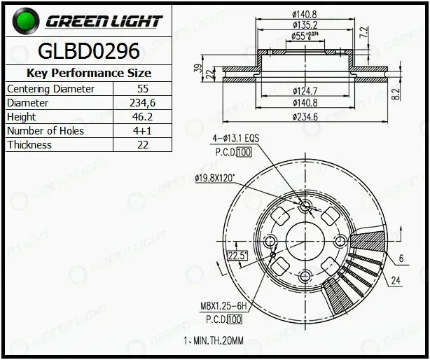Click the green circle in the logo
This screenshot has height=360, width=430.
coord(26,21)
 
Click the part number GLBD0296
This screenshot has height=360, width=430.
coord(88,51)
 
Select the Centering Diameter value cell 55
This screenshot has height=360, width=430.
coord(143,89)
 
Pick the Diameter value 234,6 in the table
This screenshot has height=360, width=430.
coord(143,103)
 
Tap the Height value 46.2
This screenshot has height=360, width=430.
coord(143,117)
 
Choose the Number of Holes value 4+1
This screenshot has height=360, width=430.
coord(143,131)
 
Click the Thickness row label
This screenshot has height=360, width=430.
coord(29,145)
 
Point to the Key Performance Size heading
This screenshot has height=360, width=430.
coord(88,73)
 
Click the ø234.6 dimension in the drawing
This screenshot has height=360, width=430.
coord(305,117)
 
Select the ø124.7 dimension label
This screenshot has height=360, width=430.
coord(305,91)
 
